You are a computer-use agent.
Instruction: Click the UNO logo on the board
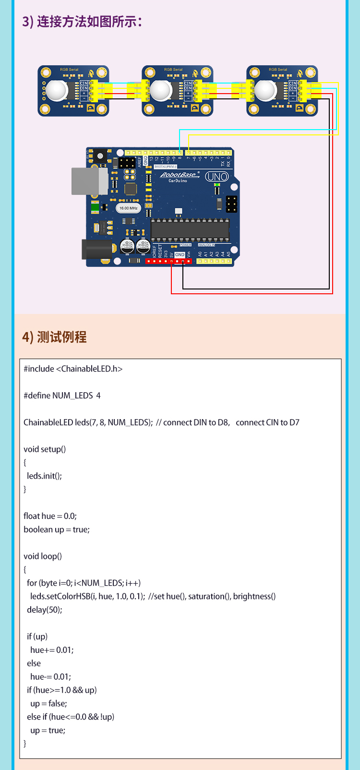[217, 177]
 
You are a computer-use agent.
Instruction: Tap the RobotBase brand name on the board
[178, 175]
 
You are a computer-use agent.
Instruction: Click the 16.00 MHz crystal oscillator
[128, 208]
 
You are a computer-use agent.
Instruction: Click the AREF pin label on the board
[140, 161]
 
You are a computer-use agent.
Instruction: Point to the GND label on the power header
[180, 255]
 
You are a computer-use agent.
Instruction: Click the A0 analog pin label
[200, 254]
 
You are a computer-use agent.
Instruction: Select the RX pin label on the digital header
[228, 163]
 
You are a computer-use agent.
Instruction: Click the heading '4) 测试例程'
[54, 337]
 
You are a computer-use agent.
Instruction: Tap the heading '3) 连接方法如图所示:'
[82, 22]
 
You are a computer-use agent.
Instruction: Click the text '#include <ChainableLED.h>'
[73, 369]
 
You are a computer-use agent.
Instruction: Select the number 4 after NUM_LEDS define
[98, 396]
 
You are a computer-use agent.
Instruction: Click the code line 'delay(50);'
[45, 610]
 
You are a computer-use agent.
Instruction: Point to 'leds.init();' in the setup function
[44, 476]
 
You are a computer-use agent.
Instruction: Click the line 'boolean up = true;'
[57, 529]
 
